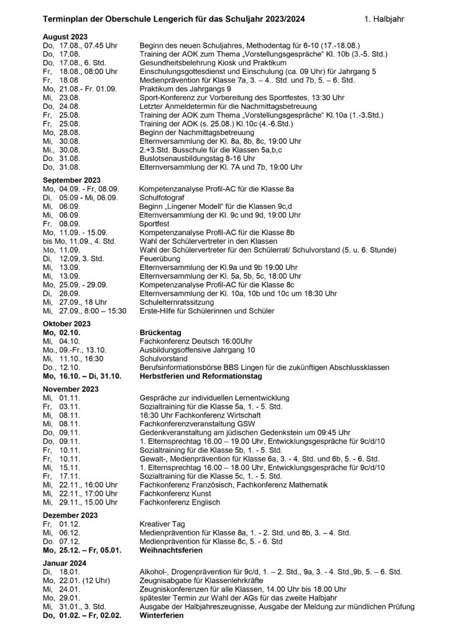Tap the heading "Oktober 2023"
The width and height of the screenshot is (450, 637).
tap(67, 323)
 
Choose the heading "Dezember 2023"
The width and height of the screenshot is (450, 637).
tap(70, 515)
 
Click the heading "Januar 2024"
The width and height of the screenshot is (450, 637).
tap(65, 562)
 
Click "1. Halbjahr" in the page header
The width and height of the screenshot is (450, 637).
tap(383, 19)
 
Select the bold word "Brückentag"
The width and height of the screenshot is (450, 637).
tap(158, 333)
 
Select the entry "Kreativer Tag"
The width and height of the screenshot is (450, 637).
tap(160, 524)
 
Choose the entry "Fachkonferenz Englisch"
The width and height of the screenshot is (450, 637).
tap(177, 502)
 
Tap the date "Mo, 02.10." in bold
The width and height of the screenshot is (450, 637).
tap(62, 333)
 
